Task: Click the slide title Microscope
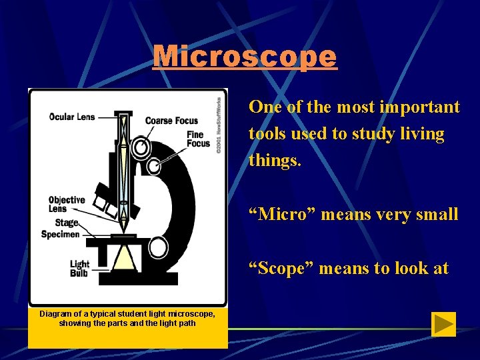coord(245,57)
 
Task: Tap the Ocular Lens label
coord(72,117)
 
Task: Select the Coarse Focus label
coord(171,121)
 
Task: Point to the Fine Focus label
coord(198,139)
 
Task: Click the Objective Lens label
coord(67,204)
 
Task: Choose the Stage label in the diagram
coord(67,223)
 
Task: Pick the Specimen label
coord(60,234)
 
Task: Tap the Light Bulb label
coord(79,269)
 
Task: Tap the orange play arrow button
coord(443,324)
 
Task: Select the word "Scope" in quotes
coord(279,269)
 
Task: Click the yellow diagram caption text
coord(127,318)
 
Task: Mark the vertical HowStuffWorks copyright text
coord(218,125)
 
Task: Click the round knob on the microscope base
coord(158,247)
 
